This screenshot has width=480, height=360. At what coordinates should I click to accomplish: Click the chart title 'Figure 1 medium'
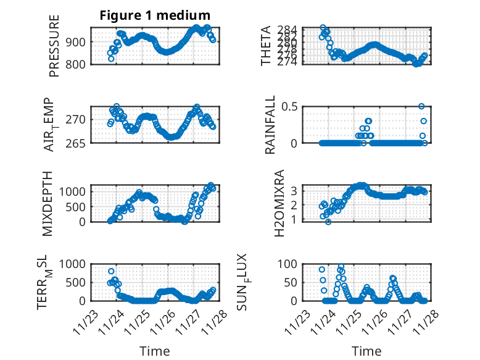155,15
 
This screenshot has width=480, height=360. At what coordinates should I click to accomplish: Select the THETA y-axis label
266,45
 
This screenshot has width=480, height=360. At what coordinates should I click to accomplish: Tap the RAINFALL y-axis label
270,124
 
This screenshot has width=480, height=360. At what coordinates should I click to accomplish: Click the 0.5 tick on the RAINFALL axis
290,106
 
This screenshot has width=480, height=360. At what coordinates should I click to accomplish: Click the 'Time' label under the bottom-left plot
154,351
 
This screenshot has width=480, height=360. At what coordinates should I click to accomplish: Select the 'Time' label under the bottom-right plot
366,351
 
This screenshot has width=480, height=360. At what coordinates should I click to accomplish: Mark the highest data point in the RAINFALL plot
422,106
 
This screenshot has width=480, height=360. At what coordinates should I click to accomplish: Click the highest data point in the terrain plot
111,271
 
